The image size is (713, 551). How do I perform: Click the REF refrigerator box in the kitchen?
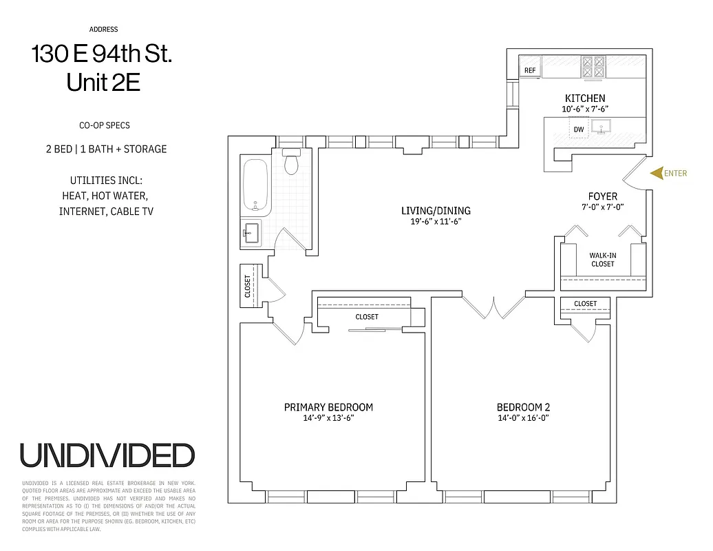530,70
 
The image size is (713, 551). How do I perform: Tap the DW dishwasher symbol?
579,129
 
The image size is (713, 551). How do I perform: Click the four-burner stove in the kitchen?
594,66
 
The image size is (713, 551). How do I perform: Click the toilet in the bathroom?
292,163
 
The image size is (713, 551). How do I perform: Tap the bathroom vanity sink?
251,232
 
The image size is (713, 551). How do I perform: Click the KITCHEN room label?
585,98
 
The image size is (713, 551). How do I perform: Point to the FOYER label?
602,196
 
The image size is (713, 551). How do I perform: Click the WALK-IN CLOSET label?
602,260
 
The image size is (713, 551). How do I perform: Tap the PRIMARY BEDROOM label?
328,407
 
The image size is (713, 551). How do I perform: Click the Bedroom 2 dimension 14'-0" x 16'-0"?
524,418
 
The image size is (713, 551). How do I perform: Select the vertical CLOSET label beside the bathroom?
248,287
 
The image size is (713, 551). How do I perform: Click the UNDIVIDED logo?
107,455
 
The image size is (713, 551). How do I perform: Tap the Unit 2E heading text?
103,83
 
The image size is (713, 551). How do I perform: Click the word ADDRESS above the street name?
103,30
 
